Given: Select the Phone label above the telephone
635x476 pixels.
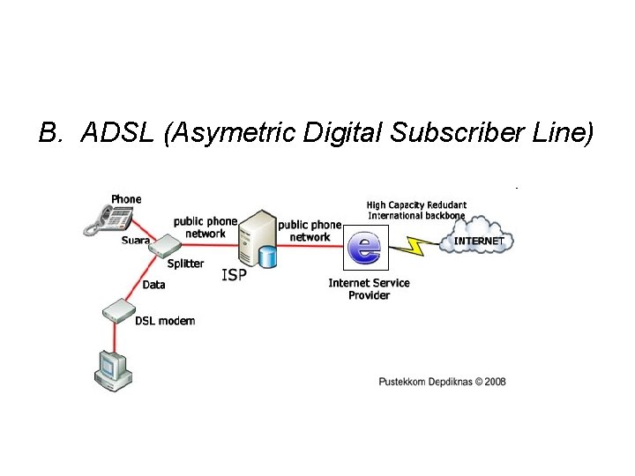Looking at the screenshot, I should (126, 199).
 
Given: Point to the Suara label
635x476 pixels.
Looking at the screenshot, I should (136, 240).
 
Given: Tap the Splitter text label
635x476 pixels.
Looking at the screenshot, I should (185, 263).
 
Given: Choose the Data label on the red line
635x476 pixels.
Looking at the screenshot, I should (153, 285).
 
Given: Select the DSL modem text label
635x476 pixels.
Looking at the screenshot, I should (165, 321).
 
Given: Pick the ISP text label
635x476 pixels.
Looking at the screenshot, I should (234, 275).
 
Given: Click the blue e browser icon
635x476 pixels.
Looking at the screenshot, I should (363, 246).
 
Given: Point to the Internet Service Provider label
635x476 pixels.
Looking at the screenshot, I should (369, 288).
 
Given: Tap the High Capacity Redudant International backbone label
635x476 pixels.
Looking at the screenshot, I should (416, 210).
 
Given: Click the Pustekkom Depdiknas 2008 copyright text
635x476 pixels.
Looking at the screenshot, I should (442, 382).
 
